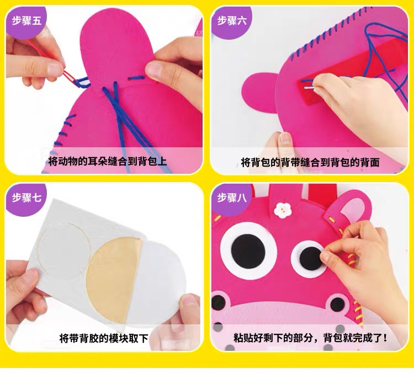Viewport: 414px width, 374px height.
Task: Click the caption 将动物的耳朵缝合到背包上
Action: [107, 161]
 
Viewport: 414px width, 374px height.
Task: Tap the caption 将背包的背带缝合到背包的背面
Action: [310, 162]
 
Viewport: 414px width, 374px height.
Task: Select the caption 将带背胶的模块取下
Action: [104, 338]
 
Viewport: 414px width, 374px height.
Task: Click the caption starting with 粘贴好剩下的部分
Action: [310, 338]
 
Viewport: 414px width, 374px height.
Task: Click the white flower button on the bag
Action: [282, 210]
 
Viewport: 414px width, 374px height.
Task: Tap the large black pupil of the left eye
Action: [248, 250]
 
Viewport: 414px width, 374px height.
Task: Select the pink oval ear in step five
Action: [117, 53]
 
